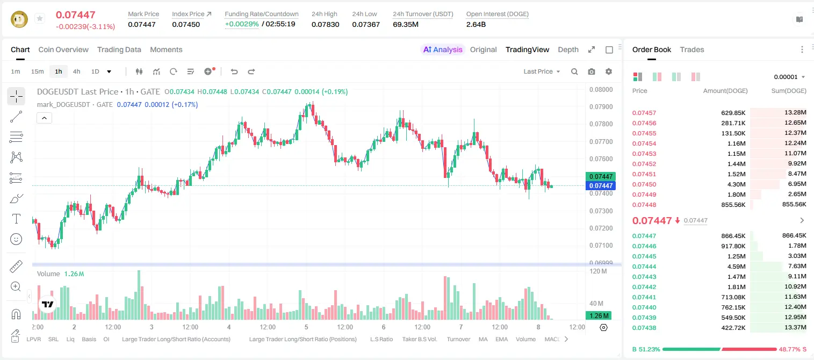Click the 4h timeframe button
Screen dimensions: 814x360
point(76,71)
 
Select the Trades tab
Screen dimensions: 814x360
point(691,49)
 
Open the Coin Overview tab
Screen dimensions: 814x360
point(63,49)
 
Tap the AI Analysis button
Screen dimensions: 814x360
point(443,49)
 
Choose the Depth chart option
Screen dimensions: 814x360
point(568,49)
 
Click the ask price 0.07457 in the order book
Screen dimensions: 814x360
point(644,113)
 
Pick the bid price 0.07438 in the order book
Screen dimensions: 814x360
point(644,328)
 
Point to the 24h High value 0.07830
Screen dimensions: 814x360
point(325,24)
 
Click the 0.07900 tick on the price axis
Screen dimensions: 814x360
point(601,107)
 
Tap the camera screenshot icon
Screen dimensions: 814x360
point(592,71)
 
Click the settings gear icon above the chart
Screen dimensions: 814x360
point(609,71)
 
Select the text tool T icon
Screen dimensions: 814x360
point(16,219)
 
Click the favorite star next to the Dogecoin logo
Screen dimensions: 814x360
point(40,18)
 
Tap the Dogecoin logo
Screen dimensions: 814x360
point(19,19)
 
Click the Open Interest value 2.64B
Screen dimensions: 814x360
point(476,24)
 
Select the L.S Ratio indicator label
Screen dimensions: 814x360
point(381,339)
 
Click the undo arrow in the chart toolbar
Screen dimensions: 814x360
point(234,71)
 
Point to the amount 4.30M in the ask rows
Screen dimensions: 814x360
point(736,184)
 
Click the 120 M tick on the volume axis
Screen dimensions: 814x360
point(598,271)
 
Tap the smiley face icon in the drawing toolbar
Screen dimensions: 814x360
point(16,239)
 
